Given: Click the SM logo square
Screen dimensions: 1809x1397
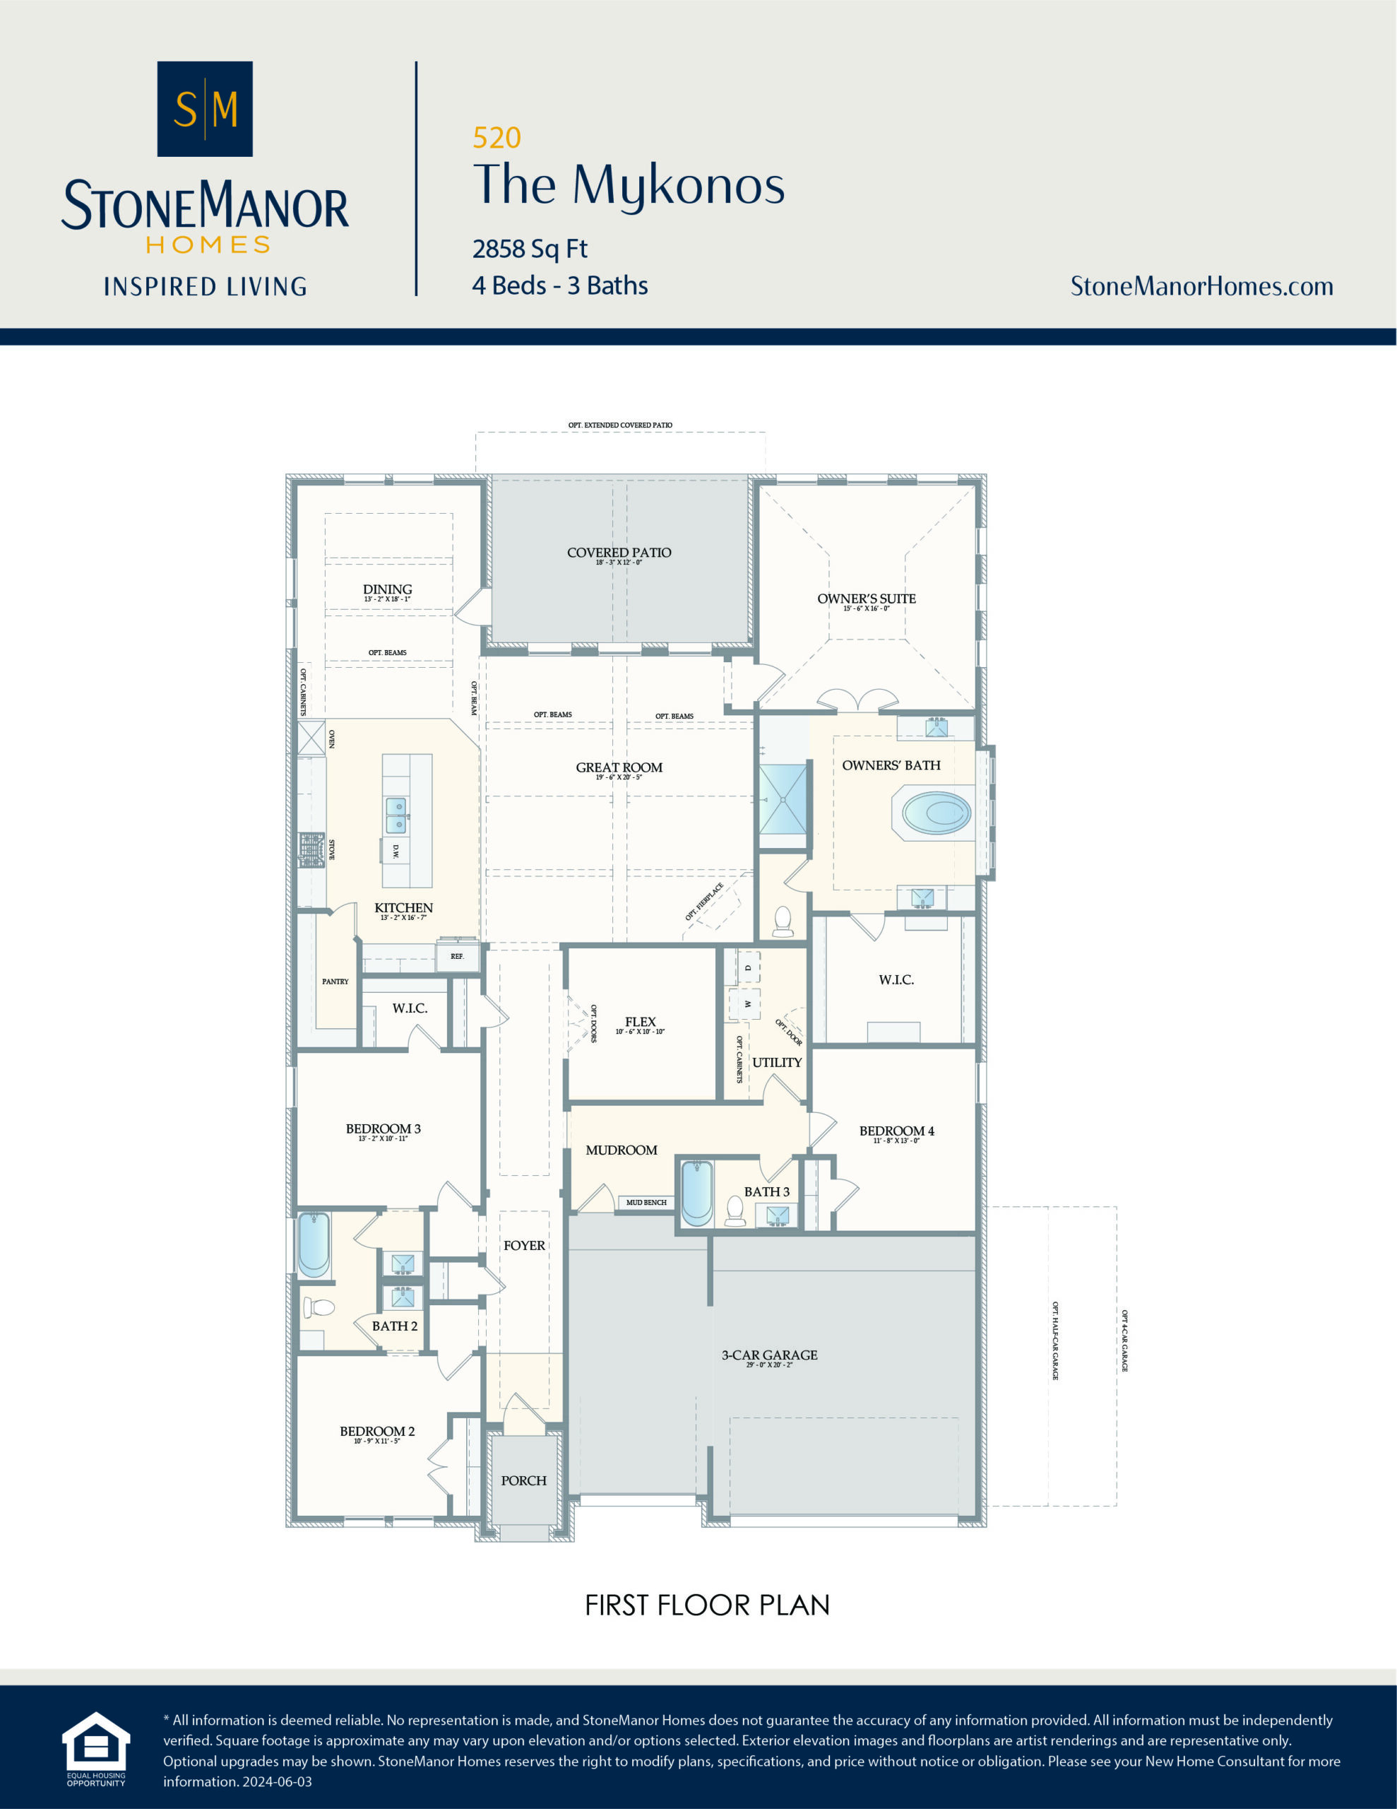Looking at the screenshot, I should point(205,109).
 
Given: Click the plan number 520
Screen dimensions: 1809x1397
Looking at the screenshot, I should point(496,138).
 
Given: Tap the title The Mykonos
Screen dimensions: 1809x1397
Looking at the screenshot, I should point(629,184).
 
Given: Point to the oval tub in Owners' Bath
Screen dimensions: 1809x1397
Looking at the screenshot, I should point(936,813).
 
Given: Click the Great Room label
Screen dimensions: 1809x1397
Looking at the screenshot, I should point(619,768).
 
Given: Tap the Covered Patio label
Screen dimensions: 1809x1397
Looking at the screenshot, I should point(619,553).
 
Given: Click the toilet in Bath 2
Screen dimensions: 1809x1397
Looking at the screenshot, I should point(318,1308).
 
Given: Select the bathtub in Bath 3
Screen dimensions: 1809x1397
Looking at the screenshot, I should point(696,1193).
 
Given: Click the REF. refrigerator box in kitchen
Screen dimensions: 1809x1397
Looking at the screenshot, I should point(457,957).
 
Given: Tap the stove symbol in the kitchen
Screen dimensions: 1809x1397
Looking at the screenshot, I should point(311,849).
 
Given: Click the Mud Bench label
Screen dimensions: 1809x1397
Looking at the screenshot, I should point(646,1203).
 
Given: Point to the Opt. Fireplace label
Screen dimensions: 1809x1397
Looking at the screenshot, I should point(704,901).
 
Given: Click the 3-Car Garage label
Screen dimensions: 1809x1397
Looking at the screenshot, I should point(769,1356).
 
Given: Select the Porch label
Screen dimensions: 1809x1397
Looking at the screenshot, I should point(523,1480).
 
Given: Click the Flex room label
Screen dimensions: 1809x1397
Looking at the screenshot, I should point(640,1022).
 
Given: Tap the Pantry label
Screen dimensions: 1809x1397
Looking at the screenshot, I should point(335,982).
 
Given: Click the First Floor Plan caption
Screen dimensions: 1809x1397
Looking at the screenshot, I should point(706,1605).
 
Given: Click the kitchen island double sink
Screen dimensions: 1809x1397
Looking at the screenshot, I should point(396,815).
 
